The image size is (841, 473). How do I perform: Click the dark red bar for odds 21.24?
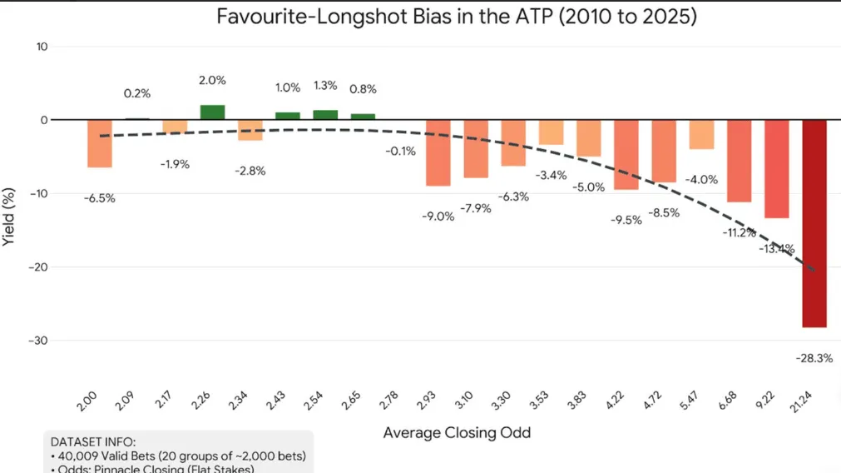pos(814,222)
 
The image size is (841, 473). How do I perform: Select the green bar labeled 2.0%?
pos(212,112)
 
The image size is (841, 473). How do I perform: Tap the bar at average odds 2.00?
pos(100,143)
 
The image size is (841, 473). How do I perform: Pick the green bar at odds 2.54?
pos(325,115)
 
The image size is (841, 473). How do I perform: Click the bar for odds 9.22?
pos(776,168)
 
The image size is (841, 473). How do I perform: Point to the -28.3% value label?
pos(814,358)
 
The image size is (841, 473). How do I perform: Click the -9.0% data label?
pos(438,217)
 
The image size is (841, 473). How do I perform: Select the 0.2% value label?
pos(137,93)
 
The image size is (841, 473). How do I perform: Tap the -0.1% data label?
pos(401,151)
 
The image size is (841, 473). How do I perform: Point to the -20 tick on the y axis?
pos(38,267)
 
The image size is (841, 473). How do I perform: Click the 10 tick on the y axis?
pos(41,47)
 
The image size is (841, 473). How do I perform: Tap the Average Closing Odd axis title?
pos(457,433)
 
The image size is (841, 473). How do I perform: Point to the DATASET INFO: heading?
pos(93,441)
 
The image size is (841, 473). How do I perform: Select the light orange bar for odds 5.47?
pos(701,134)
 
